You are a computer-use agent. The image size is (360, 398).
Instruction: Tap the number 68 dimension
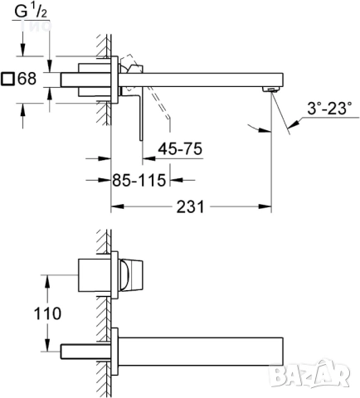[x=27, y=80]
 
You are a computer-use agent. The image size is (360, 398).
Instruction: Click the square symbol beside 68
[x=8, y=80]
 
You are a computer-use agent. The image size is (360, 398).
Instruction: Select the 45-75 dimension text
[x=180, y=149]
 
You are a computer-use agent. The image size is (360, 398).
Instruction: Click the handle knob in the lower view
[x=133, y=274]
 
